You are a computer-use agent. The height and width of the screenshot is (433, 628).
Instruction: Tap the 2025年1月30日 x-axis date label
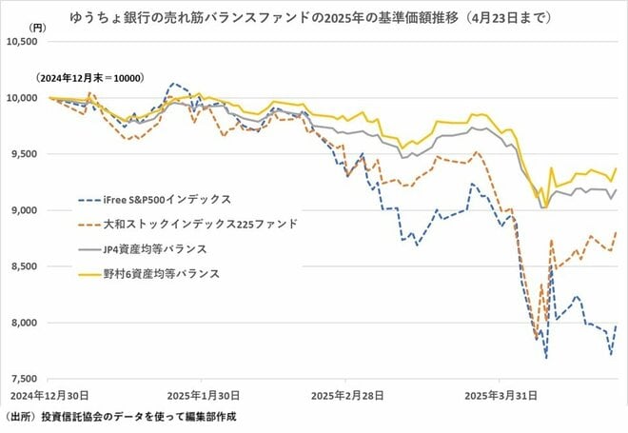tap(202, 394)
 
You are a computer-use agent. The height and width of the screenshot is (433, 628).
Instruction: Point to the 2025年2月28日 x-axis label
tap(345, 394)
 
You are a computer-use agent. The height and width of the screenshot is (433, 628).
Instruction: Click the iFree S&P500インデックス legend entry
tap(161, 200)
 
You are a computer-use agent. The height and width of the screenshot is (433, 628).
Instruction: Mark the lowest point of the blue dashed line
tap(546, 358)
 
